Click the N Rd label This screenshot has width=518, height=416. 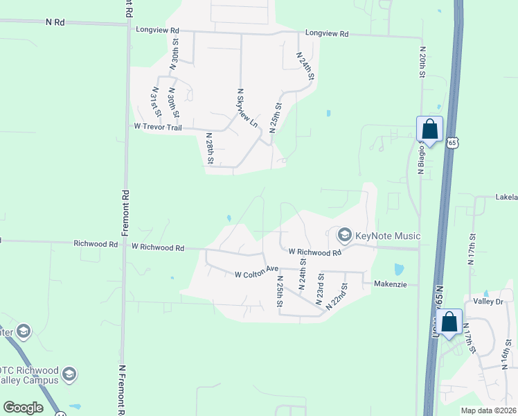(x=55, y=22)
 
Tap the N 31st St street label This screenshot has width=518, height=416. (x=157, y=101)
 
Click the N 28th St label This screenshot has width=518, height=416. (x=209, y=149)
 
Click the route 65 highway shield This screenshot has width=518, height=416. (x=452, y=143)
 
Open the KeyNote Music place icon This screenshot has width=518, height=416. (x=345, y=236)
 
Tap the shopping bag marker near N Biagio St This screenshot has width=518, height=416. (x=429, y=129)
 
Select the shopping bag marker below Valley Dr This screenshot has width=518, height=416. (x=449, y=322)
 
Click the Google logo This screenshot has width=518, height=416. (x=23, y=408)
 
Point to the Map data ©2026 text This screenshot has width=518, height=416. (x=488, y=410)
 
